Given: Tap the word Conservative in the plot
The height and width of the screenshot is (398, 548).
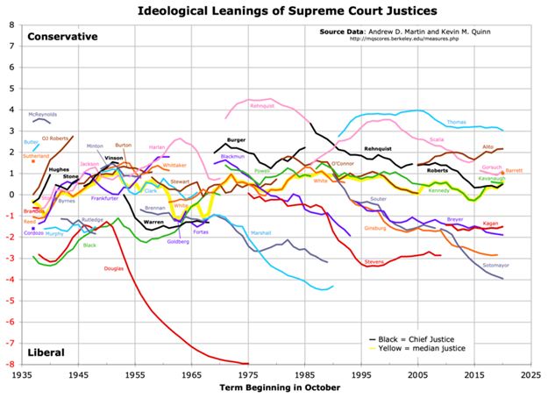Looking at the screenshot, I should point(62,36).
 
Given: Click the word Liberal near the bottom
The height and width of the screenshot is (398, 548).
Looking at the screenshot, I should point(46,352).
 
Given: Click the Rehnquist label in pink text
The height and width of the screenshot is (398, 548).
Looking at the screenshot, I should point(263,106).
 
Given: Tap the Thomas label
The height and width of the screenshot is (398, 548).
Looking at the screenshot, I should point(457,122).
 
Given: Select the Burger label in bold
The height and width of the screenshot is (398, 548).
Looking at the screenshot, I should point(236,140).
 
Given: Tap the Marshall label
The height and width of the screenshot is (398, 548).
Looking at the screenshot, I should point(261,233).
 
